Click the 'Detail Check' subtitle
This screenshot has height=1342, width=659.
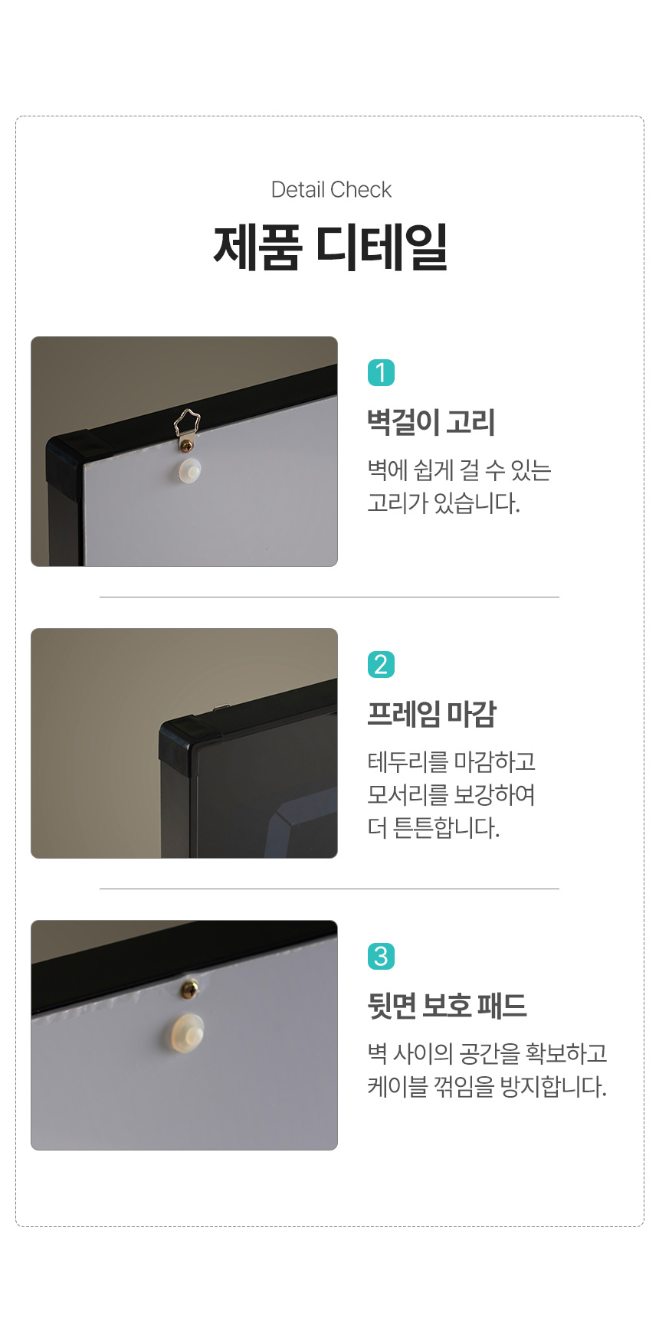[331, 189]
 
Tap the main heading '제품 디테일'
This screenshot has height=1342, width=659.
[330, 247]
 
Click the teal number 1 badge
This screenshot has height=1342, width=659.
[381, 373]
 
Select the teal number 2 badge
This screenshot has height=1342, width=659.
[381, 665]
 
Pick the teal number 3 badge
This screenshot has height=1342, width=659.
[381, 957]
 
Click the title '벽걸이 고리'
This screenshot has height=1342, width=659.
[431, 422]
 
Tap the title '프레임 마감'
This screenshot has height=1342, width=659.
[432, 714]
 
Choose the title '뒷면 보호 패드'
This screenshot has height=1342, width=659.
[448, 1006]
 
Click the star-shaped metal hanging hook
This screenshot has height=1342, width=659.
[186, 428]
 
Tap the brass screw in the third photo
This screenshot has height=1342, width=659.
[189, 990]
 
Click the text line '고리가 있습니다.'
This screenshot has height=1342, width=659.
[444, 503]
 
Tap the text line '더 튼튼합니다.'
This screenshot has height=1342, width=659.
[434, 828]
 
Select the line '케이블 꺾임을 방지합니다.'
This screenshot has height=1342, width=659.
[487, 1087]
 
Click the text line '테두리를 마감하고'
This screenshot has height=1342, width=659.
[451, 762]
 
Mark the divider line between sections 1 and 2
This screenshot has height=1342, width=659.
[329, 597]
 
